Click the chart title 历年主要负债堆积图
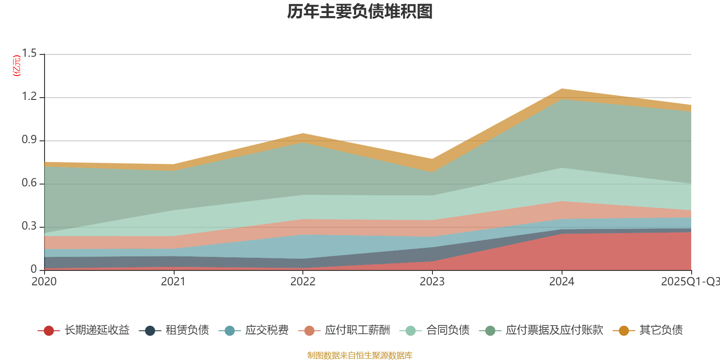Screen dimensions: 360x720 click(x=360, y=12)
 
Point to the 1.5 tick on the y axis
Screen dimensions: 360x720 click(x=29, y=54)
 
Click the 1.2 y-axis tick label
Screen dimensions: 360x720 click(x=29, y=97)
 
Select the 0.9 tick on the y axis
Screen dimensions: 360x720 click(x=29, y=140)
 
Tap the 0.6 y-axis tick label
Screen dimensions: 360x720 click(x=29, y=183)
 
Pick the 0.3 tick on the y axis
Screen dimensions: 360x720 click(x=29, y=226)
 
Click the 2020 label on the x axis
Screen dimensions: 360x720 click(x=44, y=282)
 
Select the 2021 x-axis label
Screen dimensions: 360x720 click(x=173, y=282)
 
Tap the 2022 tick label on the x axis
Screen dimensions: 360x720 click(x=303, y=282)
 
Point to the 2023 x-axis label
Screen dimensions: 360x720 click(x=432, y=282)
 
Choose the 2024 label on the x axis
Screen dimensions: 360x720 click(x=562, y=282)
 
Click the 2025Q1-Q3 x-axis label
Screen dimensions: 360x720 click(x=689, y=282)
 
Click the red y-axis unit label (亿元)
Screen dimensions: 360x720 click(x=17, y=66)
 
